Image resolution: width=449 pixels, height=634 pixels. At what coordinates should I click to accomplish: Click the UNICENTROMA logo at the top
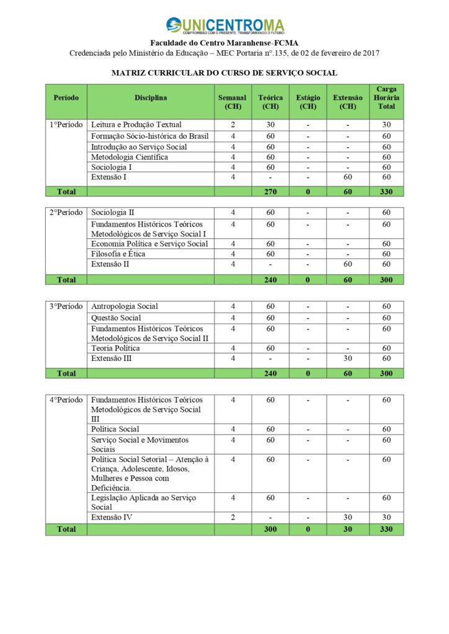(x=225, y=26)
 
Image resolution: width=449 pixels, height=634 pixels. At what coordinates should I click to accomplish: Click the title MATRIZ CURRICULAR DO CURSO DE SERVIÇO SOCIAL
(x=225, y=73)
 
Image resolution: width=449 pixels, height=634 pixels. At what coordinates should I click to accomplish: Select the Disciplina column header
(x=151, y=98)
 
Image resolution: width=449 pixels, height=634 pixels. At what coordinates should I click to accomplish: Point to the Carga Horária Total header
(x=386, y=98)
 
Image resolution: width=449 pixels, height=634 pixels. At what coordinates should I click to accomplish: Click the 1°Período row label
(x=66, y=124)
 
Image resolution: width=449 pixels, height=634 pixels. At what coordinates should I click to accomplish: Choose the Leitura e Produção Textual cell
(x=136, y=124)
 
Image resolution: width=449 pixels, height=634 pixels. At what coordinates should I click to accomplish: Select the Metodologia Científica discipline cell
(x=129, y=157)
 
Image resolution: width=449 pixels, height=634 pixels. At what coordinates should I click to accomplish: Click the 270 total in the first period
(x=270, y=191)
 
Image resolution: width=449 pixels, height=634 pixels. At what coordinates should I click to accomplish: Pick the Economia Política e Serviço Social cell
(x=149, y=244)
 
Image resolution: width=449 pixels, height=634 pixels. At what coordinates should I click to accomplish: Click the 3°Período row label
(x=66, y=306)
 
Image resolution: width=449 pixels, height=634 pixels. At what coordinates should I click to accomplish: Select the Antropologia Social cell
(x=124, y=306)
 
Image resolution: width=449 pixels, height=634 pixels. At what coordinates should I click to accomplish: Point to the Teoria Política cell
(x=115, y=349)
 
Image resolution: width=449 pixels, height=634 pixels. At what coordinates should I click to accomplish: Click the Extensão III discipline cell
(x=115, y=358)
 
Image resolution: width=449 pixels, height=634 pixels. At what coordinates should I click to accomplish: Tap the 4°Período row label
(x=66, y=400)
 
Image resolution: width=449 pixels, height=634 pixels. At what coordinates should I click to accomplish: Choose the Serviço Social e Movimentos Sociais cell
(x=140, y=444)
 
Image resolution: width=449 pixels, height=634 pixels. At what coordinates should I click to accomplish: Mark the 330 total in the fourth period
(x=386, y=529)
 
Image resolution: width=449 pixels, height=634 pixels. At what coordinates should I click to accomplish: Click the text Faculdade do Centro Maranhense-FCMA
(x=225, y=43)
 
